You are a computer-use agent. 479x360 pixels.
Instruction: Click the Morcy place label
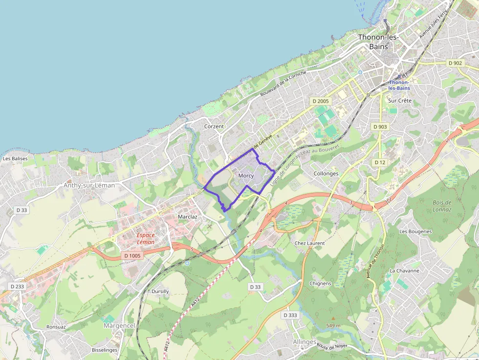point(246,176)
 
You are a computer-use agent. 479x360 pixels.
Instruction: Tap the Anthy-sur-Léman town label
point(89,186)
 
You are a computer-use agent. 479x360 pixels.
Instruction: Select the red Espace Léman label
point(146,238)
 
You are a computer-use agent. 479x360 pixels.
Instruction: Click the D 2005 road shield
point(321,101)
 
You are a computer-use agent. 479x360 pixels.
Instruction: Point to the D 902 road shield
point(455,63)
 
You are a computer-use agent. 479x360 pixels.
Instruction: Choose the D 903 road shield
point(380,127)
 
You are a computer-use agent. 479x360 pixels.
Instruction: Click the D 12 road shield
point(380,162)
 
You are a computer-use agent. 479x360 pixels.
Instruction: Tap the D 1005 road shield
point(132,255)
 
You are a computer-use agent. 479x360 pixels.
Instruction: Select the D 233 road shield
point(17,287)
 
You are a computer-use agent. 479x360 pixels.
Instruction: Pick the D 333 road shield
point(290,315)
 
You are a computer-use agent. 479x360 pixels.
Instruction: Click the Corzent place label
point(214,127)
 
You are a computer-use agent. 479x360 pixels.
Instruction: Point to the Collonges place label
point(326,173)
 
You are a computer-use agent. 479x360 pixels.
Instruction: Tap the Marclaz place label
point(188,216)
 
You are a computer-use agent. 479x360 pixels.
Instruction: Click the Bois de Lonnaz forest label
point(442,206)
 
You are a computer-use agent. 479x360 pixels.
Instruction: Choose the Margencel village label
point(119,326)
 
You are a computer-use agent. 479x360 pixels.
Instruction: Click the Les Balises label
point(15,159)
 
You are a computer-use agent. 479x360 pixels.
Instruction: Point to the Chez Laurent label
point(309,243)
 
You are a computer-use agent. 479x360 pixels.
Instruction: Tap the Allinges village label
point(305,342)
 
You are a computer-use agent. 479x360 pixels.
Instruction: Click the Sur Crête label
point(400,101)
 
